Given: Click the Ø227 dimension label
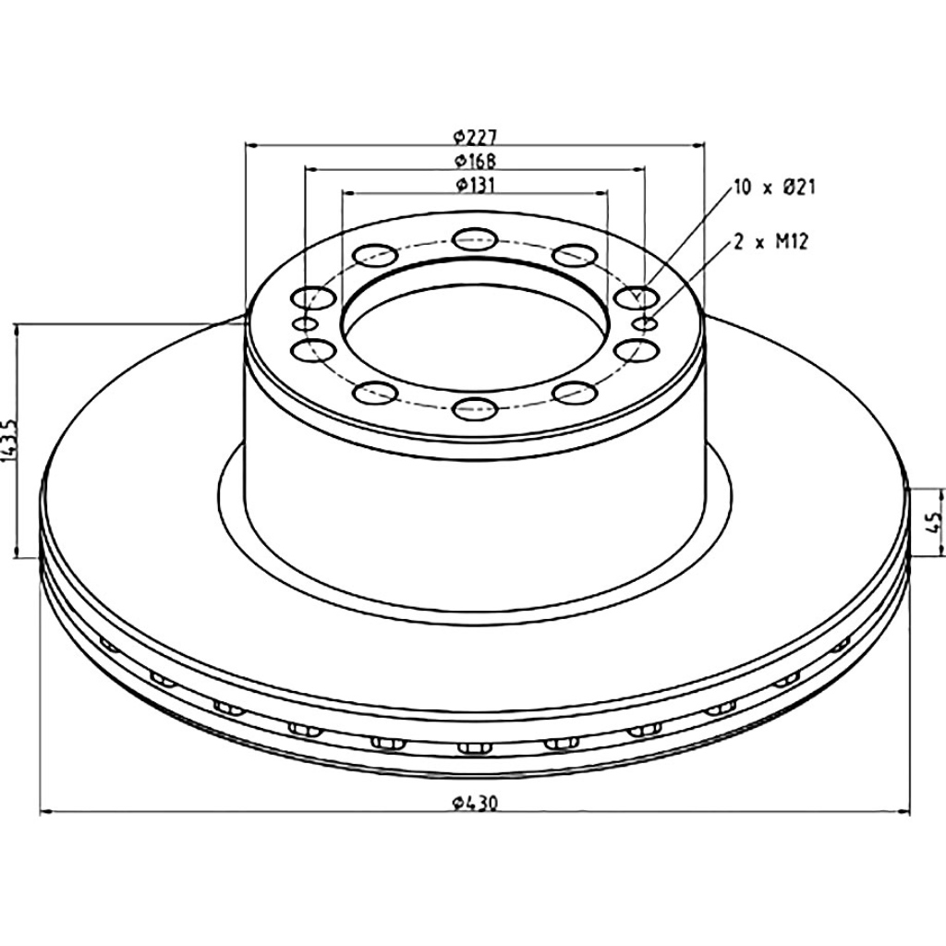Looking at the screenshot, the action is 475,138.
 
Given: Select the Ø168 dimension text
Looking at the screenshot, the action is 475,162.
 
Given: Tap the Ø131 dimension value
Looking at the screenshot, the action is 475,185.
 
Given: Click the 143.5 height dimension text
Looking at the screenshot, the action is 8,441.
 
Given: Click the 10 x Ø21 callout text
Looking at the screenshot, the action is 774,188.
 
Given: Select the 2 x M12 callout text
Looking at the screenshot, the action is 770,243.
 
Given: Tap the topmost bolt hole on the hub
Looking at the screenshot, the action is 474,238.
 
